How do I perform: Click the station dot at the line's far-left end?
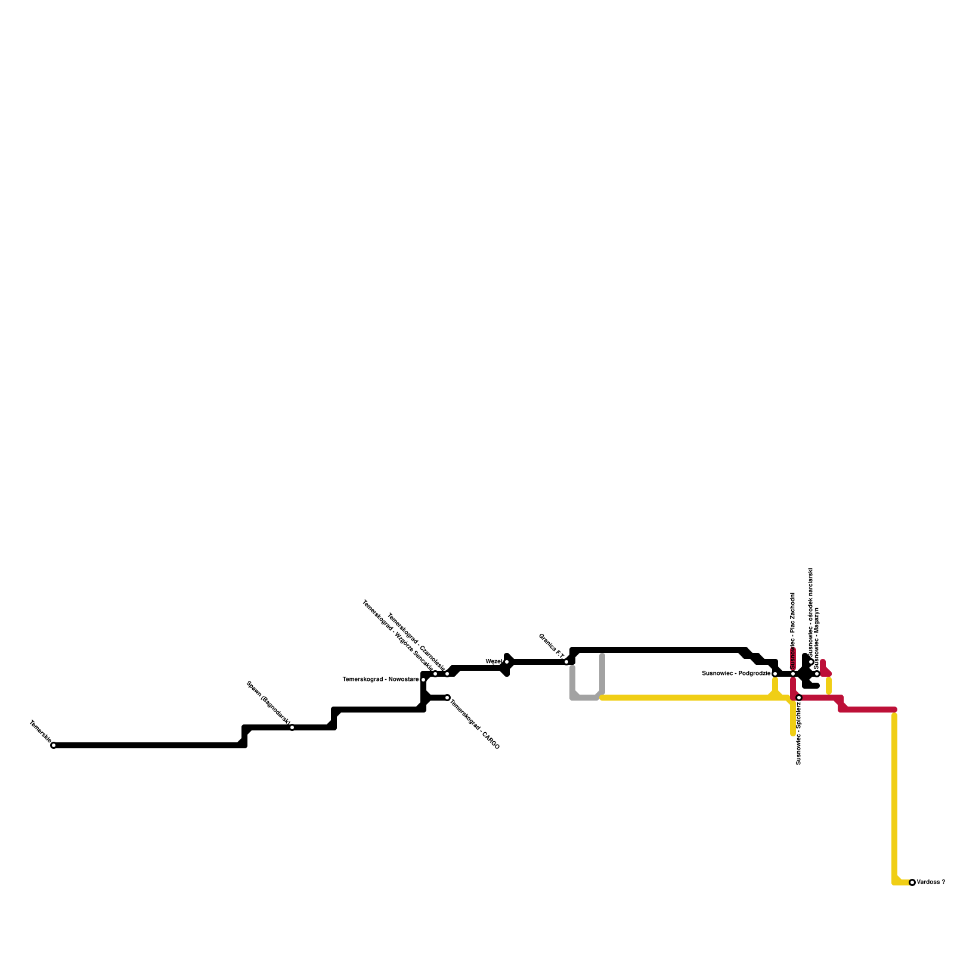(x=54, y=745)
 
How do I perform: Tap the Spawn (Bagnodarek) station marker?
(x=292, y=727)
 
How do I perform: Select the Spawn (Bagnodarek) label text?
(x=268, y=703)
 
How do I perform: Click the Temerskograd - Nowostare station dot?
(x=423, y=680)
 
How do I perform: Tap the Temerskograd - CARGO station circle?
(x=447, y=698)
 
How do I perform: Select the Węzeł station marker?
(x=507, y=662)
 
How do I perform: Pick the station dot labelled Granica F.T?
(x=566, y=662)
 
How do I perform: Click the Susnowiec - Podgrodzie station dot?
(x=775, y=674)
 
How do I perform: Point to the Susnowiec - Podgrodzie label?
(x=736, y=674)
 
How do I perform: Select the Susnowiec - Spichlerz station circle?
(x=799, y=698)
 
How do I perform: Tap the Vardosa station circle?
(x=912, y=882)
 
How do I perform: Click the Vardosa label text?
(x=931, y=882)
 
